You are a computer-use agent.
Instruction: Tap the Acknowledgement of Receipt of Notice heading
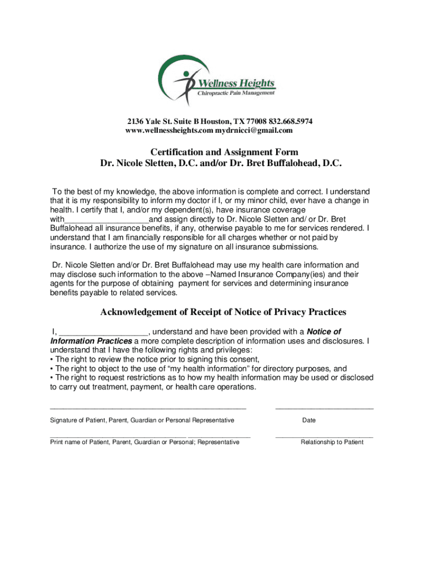click(x=223, y=312)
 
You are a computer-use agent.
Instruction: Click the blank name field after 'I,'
click(x=103, y=332)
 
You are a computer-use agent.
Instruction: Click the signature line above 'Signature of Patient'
click(x=148, y=408)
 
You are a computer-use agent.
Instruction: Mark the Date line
click(x=324, y=408)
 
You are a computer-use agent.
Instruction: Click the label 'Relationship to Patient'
click(x=332, y=442)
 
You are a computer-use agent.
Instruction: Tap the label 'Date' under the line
click(x=309, y=420)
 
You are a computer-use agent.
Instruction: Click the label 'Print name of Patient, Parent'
click(x=144, y=442)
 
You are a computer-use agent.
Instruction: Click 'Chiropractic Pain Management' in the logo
click(x=236, y=94)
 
